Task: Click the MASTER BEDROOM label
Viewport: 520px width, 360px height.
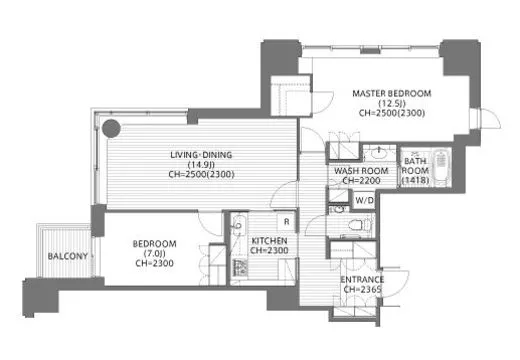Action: coord(392,93)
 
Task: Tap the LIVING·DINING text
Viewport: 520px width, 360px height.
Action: coord(201,155)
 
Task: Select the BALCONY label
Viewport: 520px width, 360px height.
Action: coord(68,256)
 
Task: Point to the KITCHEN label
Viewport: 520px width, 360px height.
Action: coord(269,241)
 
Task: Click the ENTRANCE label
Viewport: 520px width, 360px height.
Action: coord(362,280)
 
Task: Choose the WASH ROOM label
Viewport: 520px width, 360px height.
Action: coord(361,171)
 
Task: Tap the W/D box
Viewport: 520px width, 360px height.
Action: coord(364,200)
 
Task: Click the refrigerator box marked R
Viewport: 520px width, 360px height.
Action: coord(286,222)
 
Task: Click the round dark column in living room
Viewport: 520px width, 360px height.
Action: coord(111,128)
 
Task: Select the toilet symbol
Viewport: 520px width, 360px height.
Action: coord(357,225)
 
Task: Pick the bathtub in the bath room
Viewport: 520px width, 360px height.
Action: coord(441,166)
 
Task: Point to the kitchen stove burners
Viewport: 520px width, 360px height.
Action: coord(240,268)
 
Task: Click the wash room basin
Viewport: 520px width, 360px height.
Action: coord(379,154)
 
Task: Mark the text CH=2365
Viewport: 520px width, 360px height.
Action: coord(362,290)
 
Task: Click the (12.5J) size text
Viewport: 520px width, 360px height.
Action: coord(392,103)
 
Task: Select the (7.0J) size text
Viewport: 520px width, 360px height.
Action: coord(154,254)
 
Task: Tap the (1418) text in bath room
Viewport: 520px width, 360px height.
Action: coord(415,180)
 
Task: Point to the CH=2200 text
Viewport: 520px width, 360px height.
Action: coord(362,181)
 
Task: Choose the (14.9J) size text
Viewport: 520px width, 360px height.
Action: coord(201,165)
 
